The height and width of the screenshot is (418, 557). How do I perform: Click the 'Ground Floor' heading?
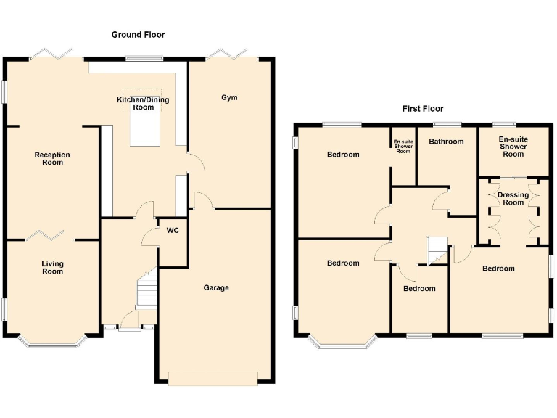pyautogui.click(x=138, y=34)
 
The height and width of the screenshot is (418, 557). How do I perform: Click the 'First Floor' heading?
pyautogui.click(x=423, y=109)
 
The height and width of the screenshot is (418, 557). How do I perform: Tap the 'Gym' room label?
pyautogui.click(x=229, y=97)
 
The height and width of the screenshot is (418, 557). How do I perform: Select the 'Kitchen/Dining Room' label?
pyautogui.click(x=144, y=103)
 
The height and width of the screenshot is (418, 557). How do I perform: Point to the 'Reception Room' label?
pyautogui.click(x=52, y=158)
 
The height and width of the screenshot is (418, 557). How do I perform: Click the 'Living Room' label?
pyautogui.click(x=52, y=267)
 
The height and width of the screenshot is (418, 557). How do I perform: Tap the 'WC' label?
pyautogui.click(x=173, y=231)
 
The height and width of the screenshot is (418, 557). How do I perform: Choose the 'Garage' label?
pyautogui.click(x=215, y=287)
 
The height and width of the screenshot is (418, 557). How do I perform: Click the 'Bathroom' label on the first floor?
pyautogui.click(x=445, y=142)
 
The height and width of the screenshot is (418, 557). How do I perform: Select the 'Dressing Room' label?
pyautogui.click(x=513, y=198)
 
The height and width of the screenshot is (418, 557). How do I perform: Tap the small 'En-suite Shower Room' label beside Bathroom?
pyautogui.click(x=403, y=146)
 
